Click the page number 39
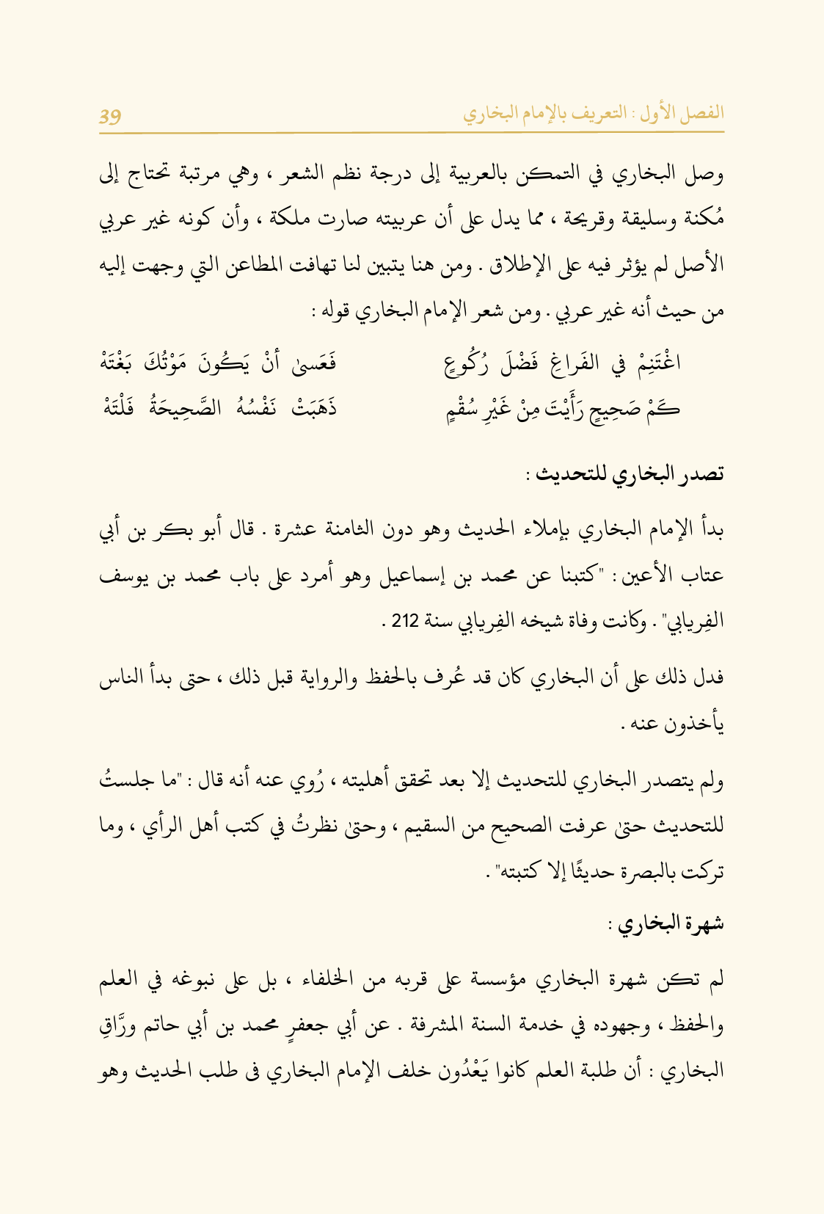pyautogui.click(x=110, y=115)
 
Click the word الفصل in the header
pyautogui.click(x=703, y=113)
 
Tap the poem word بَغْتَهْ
pyautogui.click(x=121, y=363)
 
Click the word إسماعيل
pyautogui.click(x=398, y=575)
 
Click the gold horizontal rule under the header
pyautogui.click(x=412, y=132)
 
